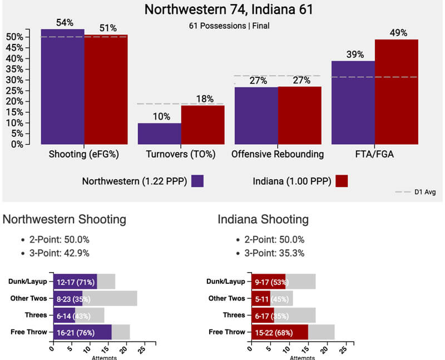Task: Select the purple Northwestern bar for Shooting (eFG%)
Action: point(62,86)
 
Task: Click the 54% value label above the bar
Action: point(65,23)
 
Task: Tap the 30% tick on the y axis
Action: point(14,80)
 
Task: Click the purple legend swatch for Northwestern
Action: point(197,181)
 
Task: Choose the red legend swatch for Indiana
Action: point(342,181)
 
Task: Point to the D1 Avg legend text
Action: point(424,193)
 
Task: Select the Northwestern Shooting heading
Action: point(65,220)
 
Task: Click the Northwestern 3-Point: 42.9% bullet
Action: point(61,254)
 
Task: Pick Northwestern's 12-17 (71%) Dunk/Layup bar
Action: point(75,282)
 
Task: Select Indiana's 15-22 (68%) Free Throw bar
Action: point(280,332)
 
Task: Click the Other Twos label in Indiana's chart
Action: point(228,298)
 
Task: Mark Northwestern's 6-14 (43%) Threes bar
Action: point(64,315)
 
